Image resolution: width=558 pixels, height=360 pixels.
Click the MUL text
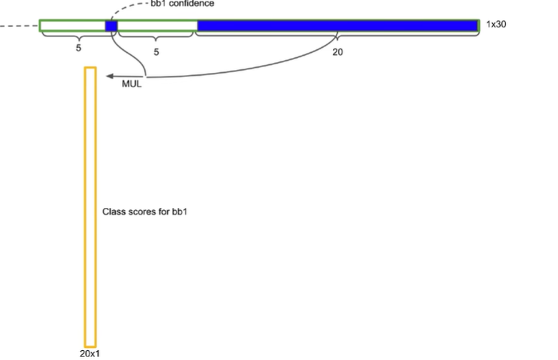pos(133,85)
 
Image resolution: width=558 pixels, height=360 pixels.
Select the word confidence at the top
pos(191,4)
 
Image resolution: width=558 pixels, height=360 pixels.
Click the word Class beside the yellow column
pos(112,212)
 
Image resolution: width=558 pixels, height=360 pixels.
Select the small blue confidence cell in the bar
pos(111,26)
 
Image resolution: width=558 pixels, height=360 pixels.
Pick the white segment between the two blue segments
pos(157,26)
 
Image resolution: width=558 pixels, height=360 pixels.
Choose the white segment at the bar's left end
pos(72,26)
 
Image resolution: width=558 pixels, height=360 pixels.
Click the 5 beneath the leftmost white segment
pos(77,51)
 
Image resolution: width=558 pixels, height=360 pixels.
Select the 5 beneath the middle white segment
pos(156,51)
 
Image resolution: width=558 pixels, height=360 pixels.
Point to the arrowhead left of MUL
pos(107,76)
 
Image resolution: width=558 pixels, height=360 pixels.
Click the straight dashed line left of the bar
pos(19,27)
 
